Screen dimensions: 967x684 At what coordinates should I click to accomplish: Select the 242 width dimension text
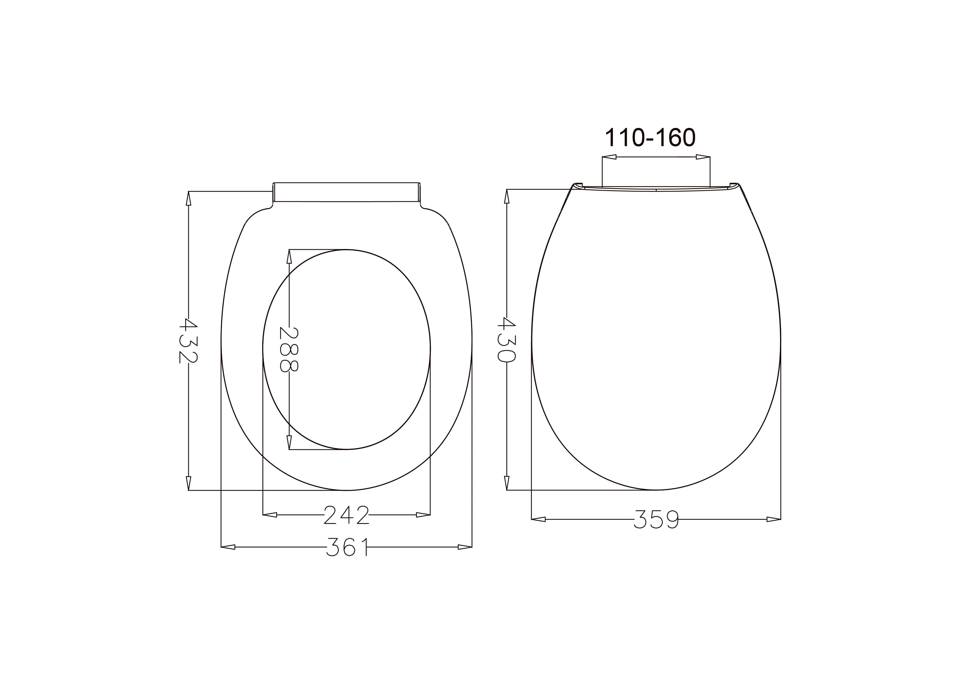click(x=346, y=515)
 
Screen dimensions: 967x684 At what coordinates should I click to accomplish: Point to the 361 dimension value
click(x=346, y=547)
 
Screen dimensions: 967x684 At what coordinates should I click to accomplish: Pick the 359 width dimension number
click(x=656, y=519)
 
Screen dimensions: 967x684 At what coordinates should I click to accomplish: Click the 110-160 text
click(x=650, y=138)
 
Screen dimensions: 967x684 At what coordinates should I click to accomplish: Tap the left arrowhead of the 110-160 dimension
click(x=609, y=157)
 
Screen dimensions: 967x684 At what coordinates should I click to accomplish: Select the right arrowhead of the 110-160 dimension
click(x=703, y=157)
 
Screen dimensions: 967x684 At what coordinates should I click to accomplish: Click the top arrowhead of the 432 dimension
click(x=188, y=199)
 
